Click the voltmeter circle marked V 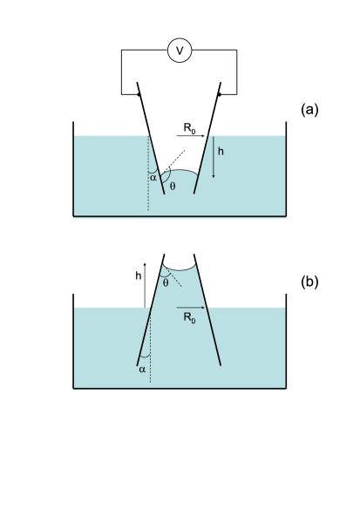pyautogui.click(x=180, y=51)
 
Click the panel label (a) pyautogui.click(x=310, y=110)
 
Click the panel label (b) pyautogui.click(x=310, y=282)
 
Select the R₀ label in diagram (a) pyautogui.click(x=189, y=128)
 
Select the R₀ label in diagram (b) pyautogui.click(x=188, y=319)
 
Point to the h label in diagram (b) pyautogui.click(x=138, y=275)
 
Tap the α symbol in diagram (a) pyautogui.click(x=153, y=177)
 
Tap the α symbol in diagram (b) pyautogui.click(x=142, y=369)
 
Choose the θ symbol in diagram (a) pyautogui.click(x=172, y=186)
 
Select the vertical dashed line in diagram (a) pyautogui.click(x=148, y=179)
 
